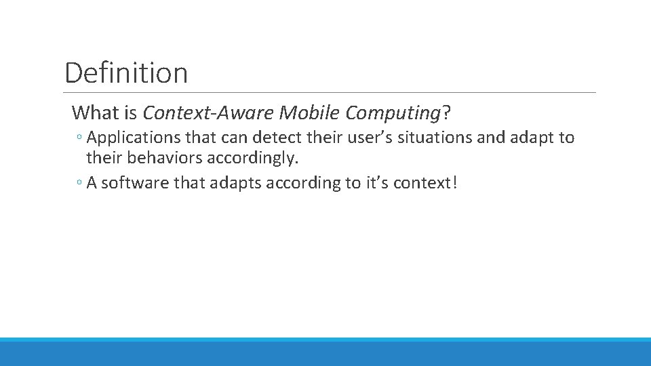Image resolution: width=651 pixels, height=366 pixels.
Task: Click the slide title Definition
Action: (x=126, y=73)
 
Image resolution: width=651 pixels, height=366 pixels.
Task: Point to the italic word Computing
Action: (x=393, y=112)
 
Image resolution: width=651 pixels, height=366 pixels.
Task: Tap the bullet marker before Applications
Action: (x=79, y=139)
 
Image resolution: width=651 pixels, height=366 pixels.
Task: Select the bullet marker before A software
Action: (x=79, y=184)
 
